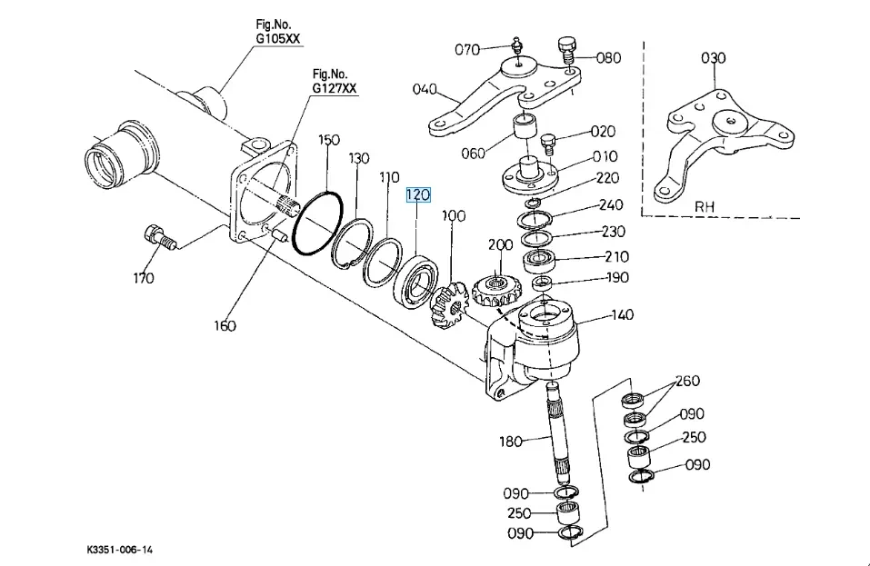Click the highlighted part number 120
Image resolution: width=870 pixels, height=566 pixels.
(418, 194)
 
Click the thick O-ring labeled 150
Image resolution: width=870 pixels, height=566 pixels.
(317, 223)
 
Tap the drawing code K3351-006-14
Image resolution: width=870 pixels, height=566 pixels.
(119, 550)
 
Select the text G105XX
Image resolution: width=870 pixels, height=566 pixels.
(277, 39)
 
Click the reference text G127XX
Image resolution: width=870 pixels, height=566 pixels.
(334, 88)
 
